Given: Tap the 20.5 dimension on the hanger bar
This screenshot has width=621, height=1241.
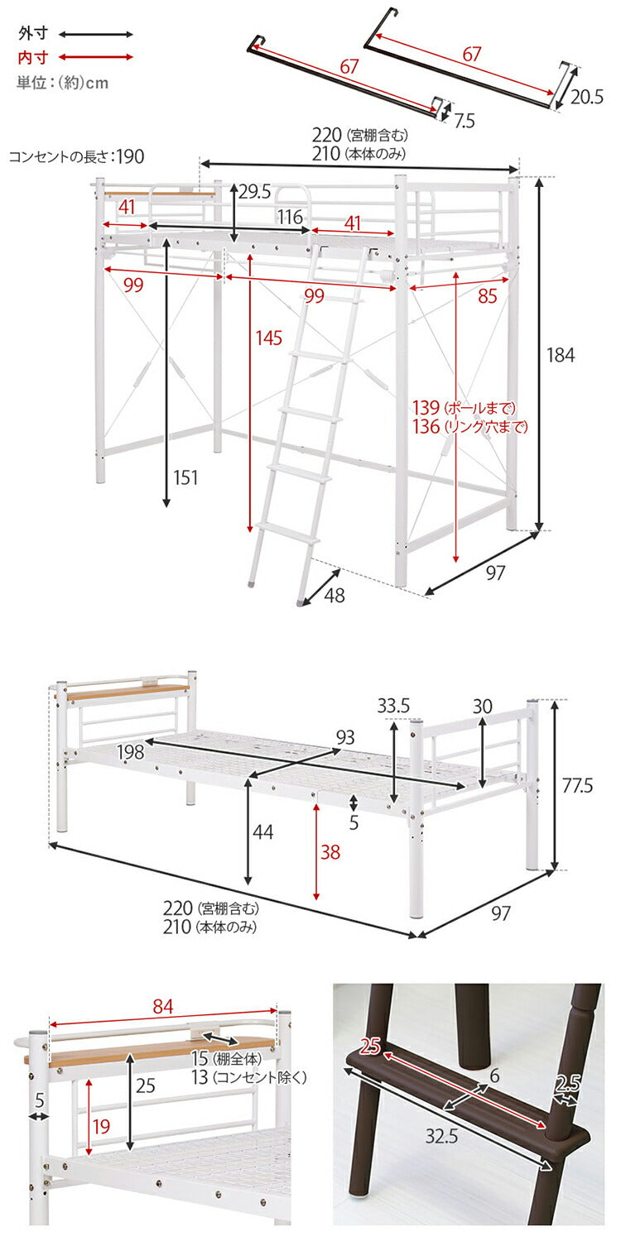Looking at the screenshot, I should coord(586,97).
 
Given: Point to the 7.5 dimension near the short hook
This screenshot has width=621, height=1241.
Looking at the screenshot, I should coord(465,121).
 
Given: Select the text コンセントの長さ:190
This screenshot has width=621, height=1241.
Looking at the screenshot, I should coord(76,156).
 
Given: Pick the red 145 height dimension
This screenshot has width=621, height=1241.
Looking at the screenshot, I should coord(269,338).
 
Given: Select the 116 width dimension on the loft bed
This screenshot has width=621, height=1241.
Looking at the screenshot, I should coord(289,217).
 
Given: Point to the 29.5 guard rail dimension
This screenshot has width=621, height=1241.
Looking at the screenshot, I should coord(255,192).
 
